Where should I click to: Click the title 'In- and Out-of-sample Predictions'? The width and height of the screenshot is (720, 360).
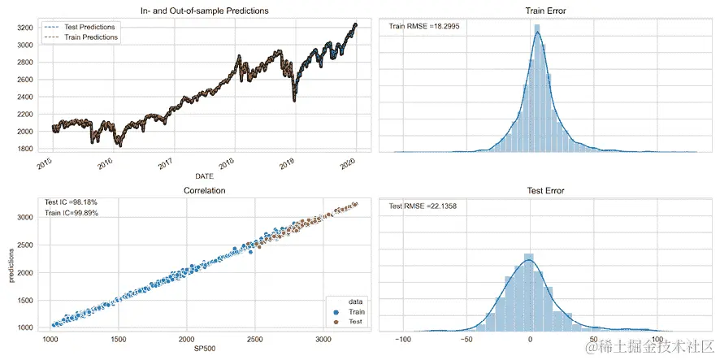199,11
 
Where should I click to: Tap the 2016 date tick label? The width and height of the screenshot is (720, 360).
105,164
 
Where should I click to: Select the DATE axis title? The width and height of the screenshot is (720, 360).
205,176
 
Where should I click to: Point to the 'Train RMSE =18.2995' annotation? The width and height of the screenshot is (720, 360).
423,27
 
